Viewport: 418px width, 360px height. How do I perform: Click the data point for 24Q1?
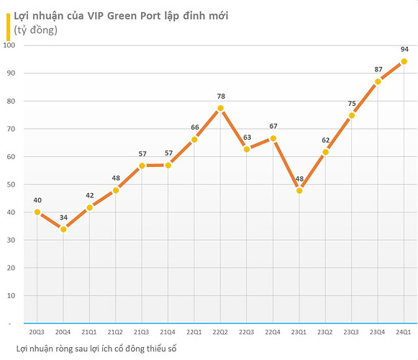(x=404, y=62)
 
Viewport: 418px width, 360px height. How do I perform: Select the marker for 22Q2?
(x=220, y=108)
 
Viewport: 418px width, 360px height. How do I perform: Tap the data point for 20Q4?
(x=63, y=229)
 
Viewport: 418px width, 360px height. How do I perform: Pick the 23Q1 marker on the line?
(x=299, y=191)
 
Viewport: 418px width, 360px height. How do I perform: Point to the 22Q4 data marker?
(x=273, y=138)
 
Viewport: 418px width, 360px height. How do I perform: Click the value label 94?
(x=404, y=50)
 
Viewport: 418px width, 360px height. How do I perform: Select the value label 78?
(x=221, y=96)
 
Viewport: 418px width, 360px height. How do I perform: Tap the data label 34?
(x=63, y=217)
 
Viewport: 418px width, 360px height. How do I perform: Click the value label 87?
(x=378, y=69)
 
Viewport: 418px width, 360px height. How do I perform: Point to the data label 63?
(x=247, y=138)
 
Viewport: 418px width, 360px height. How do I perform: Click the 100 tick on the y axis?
(x=9, y=45)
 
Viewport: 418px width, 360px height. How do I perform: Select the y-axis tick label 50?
(x=11, y=184)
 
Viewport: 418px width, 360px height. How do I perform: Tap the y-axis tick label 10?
(x=11, y=296)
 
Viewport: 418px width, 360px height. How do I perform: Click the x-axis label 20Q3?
(x=37, y=332)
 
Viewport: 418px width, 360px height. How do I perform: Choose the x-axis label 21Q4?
(x=168, y=332)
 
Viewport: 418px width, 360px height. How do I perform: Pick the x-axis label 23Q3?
(x=351, y=332)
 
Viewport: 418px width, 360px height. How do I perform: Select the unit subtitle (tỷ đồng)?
(x=35, y=30)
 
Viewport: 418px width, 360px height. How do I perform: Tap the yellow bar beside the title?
(x=8, y=27)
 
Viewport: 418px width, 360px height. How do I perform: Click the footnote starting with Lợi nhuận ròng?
(x=96, y=348)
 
